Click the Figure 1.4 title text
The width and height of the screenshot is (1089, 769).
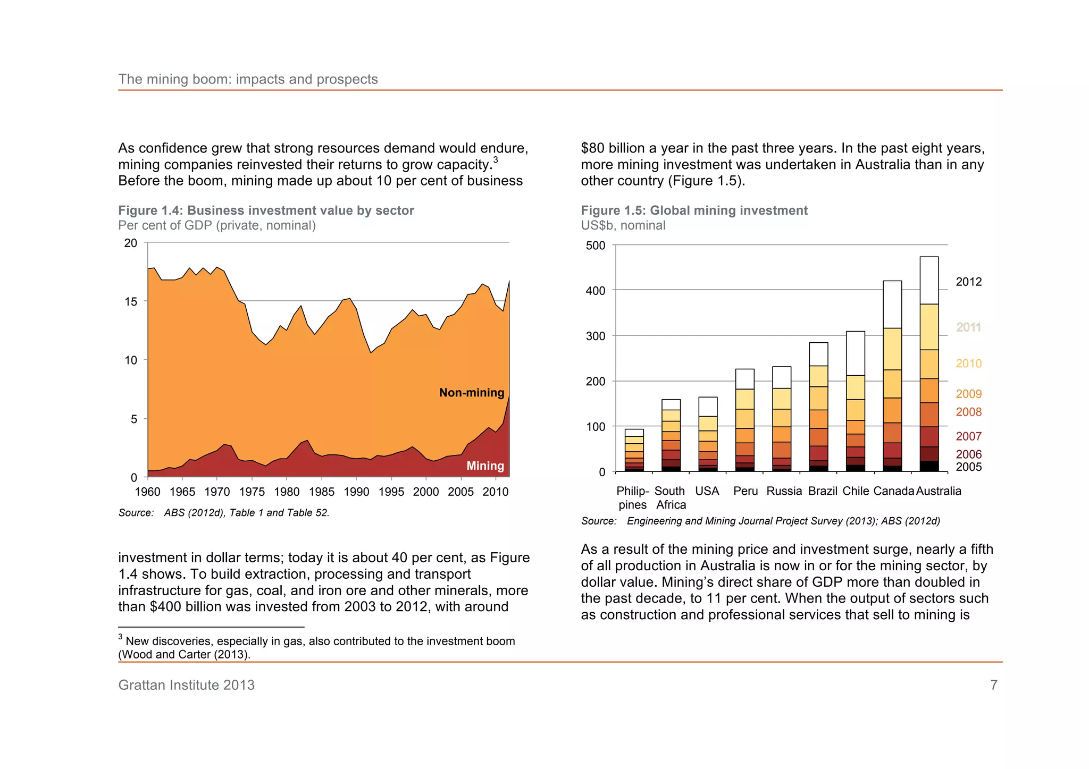tap(266, 210)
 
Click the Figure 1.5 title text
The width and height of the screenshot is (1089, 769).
tap(694, 210)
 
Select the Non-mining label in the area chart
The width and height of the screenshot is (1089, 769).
tap(471, 393)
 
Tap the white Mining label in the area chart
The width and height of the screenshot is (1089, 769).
tap(485, 466)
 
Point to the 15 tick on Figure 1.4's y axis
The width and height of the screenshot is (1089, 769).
tap(131, 302)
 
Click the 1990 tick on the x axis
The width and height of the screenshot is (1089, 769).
tap(356, 492)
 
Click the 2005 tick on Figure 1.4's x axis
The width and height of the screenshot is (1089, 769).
tap(460, 492)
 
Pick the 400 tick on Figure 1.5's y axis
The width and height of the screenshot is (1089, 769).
tap(595, 291)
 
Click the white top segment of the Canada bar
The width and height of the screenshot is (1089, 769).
tap(892, 305)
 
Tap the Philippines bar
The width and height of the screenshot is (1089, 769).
tap(634, 451)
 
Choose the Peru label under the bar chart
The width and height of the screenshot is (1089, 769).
tap(745, 491)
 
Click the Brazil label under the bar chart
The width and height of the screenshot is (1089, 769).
tap(823, 491)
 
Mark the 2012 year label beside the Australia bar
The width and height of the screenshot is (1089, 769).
tap(968, 282)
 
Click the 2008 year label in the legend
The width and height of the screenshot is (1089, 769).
tap(968, 412)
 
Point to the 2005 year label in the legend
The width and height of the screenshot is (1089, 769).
tap(968, 467)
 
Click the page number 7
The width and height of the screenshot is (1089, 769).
tap(993, 685)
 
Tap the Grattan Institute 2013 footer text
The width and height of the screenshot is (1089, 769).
tap(186, 685)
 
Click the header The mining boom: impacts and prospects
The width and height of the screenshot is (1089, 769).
tap(248, 79)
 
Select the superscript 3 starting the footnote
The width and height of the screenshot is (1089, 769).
tap(121, 637)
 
